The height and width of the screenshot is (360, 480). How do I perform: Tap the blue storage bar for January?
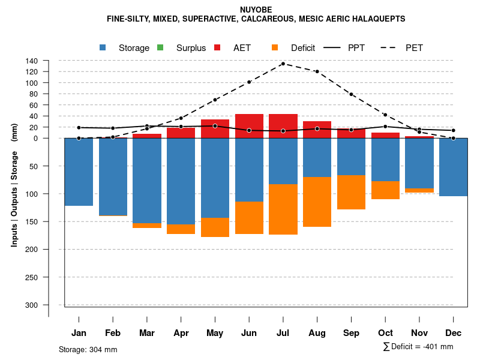pos(79,172)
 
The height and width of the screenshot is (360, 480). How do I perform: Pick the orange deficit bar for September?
pos(351,192)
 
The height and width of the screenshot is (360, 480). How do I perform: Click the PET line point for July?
pos(283,64)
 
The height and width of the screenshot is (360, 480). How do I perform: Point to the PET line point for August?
pos(317,71)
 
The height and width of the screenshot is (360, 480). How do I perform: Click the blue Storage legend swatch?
pos(103,47)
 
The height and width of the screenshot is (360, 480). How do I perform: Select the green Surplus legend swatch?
pos(160,47)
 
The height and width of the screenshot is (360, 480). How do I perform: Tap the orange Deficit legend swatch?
pos(275,47)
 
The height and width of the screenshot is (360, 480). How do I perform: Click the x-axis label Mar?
pos(147,333)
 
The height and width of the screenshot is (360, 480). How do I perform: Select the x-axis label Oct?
pos(385,333)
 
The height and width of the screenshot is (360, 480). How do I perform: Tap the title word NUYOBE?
pos(256,10)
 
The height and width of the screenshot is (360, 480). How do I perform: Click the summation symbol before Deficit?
pos(386,347)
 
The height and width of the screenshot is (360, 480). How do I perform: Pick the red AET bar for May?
pos(215,128)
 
